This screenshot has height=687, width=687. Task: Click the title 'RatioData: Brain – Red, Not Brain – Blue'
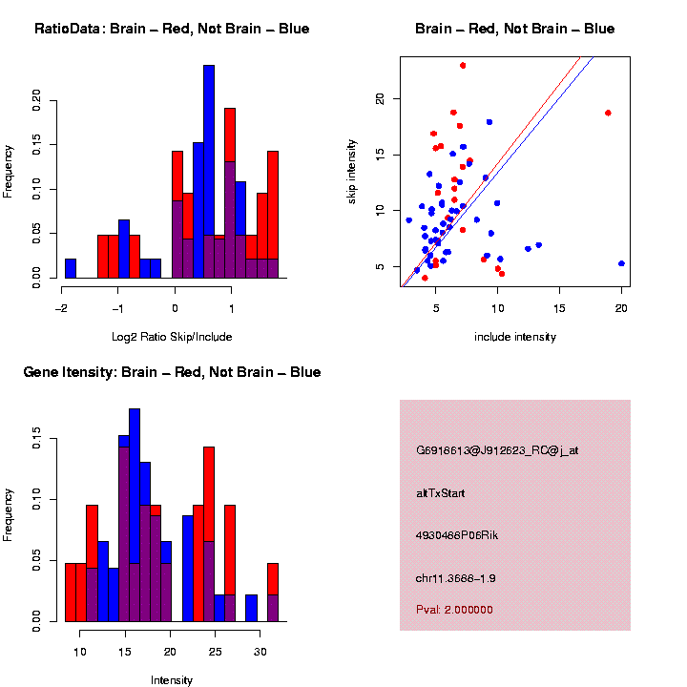tap(172, 29)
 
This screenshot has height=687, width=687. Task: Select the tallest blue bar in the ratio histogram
tap(208, 172)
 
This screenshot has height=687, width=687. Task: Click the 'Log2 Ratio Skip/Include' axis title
tap(172, 337)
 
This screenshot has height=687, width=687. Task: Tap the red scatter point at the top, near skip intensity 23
tap(463, 65)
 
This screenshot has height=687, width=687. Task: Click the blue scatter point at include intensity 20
tap(621, 263)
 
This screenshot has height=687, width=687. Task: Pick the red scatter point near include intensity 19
tap(608, 113)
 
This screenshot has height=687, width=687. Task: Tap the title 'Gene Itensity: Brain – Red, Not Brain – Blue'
tap(172, 372)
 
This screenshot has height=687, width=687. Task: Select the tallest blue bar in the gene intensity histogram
tap(135, 515)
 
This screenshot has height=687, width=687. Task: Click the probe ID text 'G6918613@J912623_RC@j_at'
tap(497, 450)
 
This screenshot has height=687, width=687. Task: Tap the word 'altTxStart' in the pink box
tap(440, 493)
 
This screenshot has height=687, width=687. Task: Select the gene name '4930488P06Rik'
tap(457, 535)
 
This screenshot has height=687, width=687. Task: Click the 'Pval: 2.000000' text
tap(454, 609)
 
